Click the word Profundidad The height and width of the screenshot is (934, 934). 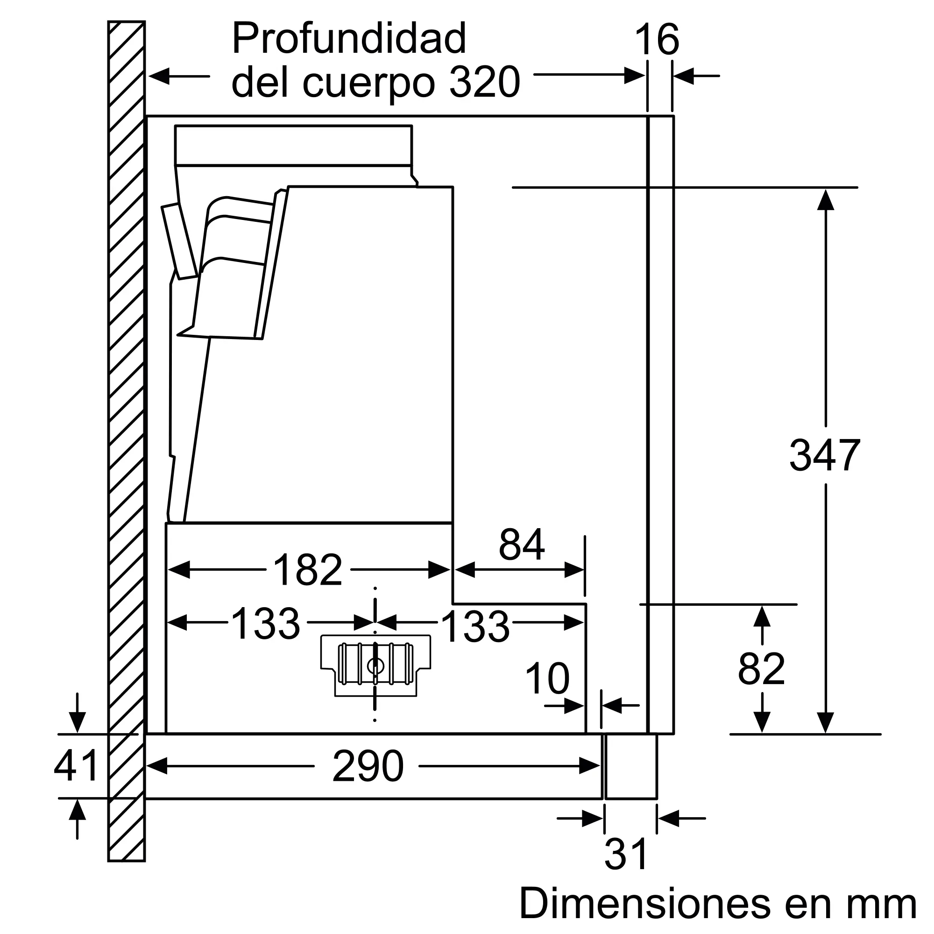(x=349, y=39)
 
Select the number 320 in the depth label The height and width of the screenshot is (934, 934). (x=484, y=83)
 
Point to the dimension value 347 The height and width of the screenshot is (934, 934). (x=825, y=455)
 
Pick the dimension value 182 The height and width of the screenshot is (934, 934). (x=308, y=570)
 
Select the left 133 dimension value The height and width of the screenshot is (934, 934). (x=265, y=624)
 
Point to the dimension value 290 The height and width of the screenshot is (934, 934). (x=368, y=767)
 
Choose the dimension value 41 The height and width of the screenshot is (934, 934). (x=77, y=766)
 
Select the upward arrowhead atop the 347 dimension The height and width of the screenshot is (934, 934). (x=825, y=200)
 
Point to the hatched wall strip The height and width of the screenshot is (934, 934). (x=126, y=435)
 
